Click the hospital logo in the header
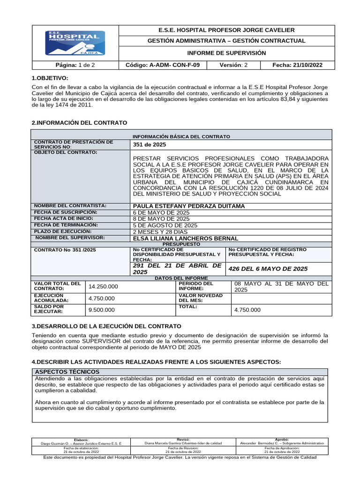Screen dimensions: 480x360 click(x=75, y=43)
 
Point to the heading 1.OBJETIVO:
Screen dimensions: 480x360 click(x=50, y=78)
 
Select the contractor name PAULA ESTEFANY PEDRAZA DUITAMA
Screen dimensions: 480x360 click(x=189, y=206)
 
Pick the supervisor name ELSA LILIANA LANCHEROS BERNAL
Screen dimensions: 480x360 click(x=186, y=238)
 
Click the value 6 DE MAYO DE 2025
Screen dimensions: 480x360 click(x=161, y=213)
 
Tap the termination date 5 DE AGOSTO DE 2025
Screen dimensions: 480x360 click(x=165, y=225)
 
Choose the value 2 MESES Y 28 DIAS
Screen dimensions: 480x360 click(x=160, y=232)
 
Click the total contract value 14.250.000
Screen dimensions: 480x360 click(x=103, y=286)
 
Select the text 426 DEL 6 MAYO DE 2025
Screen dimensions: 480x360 click(x=268, y=269)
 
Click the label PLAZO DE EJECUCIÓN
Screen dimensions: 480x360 click(x=63, y=232)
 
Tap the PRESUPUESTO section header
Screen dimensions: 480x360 click(x=181, y=244)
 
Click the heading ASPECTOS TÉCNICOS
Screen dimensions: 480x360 click(x=62, y=371)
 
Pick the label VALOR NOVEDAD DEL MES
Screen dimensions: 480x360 click(x=196, y=298)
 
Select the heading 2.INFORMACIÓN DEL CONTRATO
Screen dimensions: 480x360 click(x=79, y=122)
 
